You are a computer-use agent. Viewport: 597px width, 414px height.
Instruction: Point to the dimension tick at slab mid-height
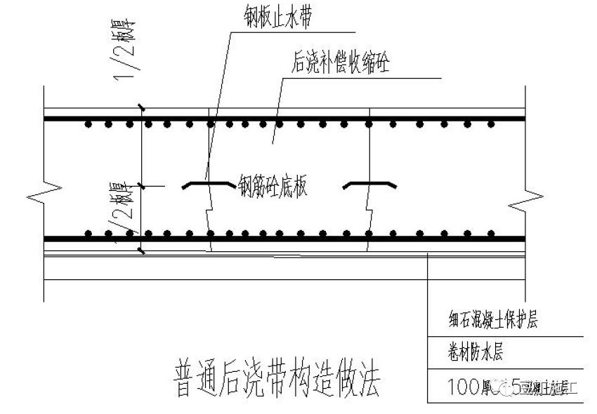[143, 185]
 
